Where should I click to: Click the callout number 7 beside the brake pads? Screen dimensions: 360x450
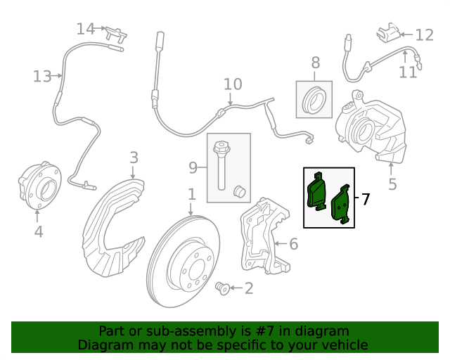pos(365,199)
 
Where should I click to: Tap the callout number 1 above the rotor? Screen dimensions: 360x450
pos(191,193)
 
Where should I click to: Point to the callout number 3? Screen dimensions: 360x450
pos(134,157)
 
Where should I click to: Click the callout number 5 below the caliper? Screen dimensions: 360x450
pos(392,184)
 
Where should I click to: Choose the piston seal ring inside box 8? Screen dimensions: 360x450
pos(314,101)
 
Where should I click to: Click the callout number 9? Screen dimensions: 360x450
pos(193,167)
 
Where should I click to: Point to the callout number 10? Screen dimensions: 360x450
pos(233,85)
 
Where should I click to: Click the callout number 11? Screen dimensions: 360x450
pos(408,72)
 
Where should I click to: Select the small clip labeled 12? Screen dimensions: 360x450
pos(387,32)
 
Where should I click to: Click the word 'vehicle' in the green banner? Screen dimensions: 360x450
pos(343,345)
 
